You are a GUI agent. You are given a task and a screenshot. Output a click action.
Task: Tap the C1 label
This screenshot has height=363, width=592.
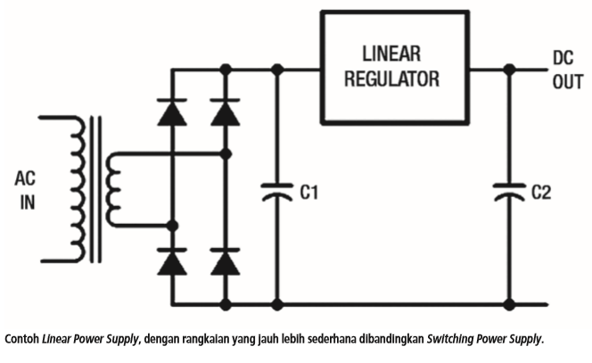[309, 191]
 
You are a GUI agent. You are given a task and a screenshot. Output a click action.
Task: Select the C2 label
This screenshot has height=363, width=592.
[541, 191]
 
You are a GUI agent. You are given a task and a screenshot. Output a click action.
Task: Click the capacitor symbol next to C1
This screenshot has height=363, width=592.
[277, 191]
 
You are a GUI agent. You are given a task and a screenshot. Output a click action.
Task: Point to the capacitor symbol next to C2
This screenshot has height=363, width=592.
[509, 191]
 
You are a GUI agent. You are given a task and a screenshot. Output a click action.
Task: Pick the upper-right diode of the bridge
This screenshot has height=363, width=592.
[226, 112]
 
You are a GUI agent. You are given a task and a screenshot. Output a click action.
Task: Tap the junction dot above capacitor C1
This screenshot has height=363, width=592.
[277, 68]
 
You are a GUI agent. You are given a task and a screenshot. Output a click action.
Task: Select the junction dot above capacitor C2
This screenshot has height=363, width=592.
[509, 68]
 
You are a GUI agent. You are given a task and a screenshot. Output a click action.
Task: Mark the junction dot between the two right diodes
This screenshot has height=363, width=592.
[226, 154]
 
